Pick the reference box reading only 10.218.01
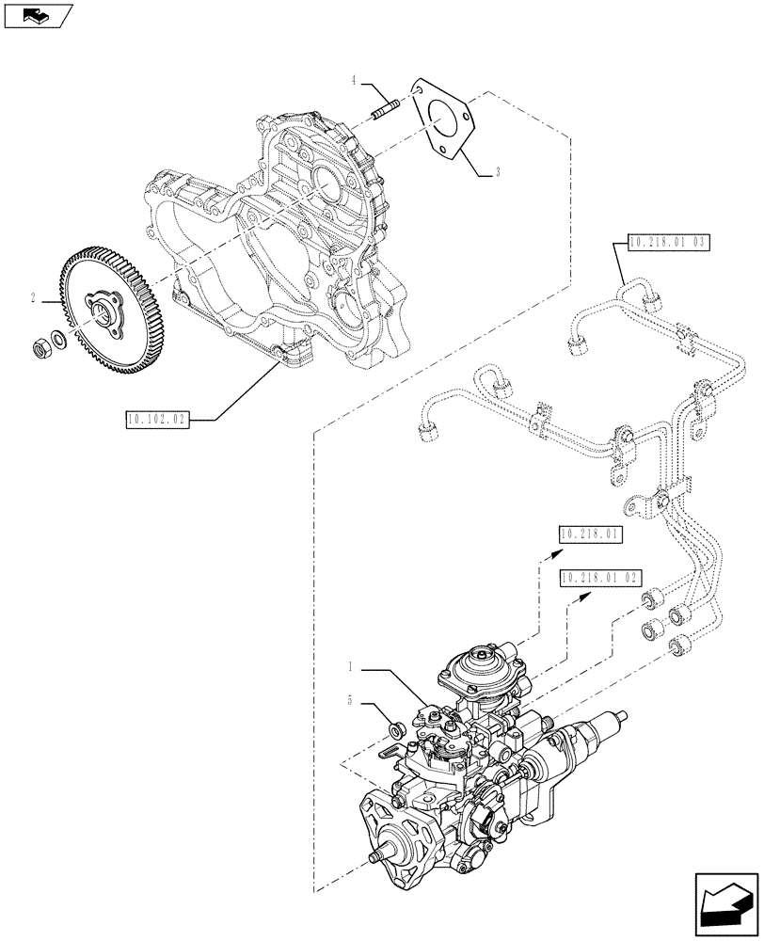590,535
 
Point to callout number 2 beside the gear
33,299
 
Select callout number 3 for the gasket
497,171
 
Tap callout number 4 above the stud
355,82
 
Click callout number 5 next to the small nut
350,701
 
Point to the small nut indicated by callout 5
397,727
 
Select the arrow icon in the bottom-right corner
726,907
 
